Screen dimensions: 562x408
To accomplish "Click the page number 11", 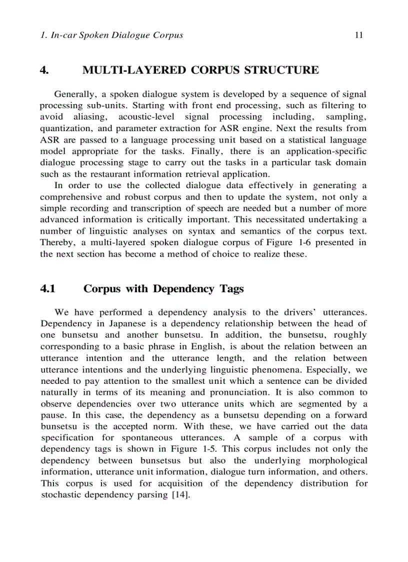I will tap(358, 35).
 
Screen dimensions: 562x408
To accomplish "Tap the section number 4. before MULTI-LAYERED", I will tap(44, 70).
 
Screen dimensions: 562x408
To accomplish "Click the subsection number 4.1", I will tap(47, 289).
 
